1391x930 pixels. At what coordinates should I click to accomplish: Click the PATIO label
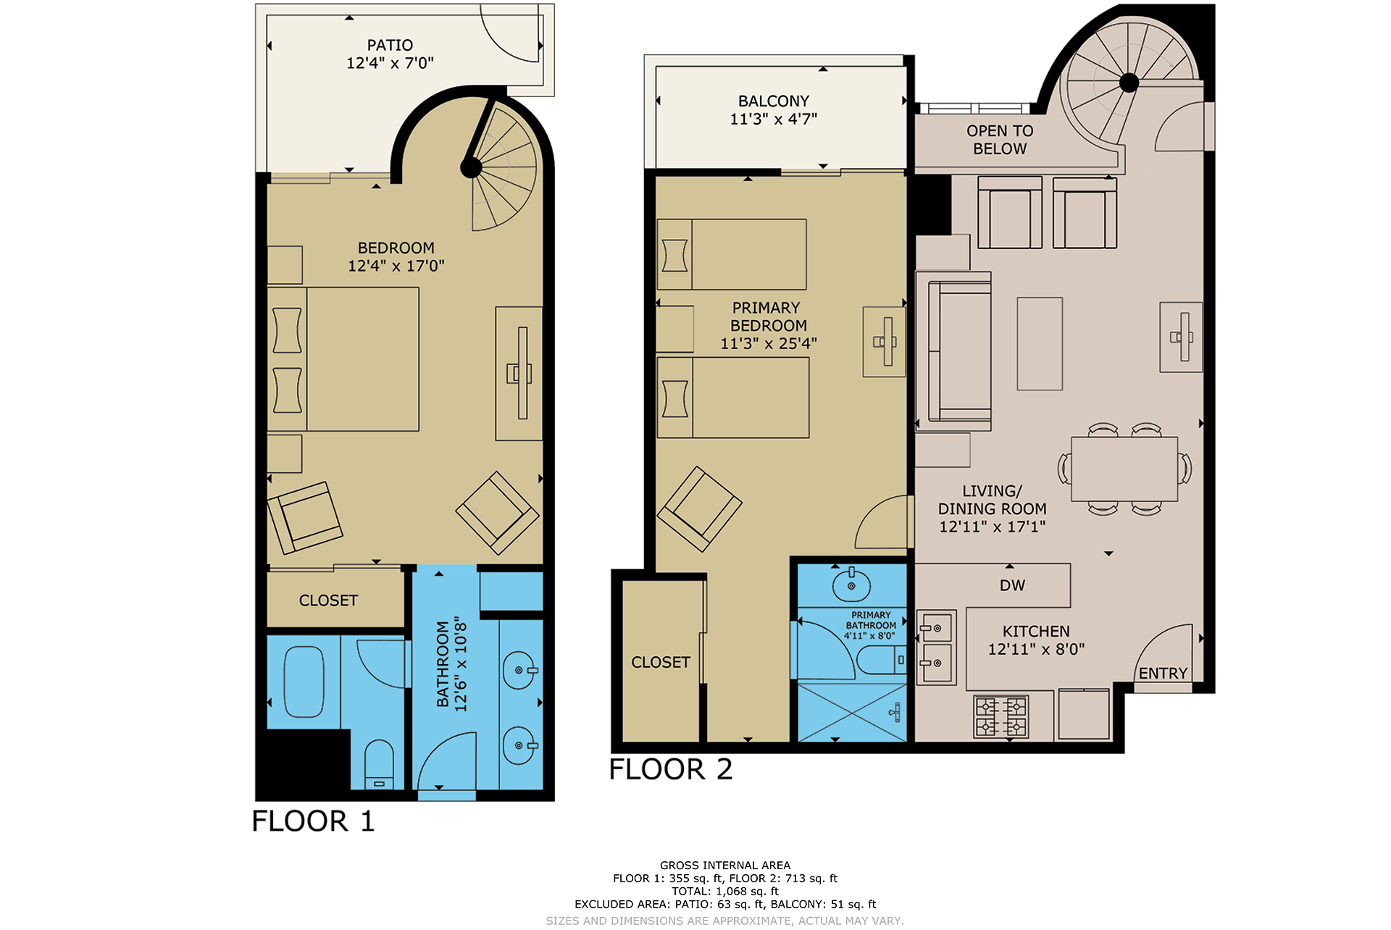coord(390,45)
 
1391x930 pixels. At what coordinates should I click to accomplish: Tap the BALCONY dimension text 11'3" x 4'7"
coord(774,119)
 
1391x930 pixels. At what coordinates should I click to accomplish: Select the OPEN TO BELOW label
coord(1000,140)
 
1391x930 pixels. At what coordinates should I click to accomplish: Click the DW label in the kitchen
coord(1012,585)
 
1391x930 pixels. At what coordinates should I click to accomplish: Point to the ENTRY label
coord(1163,674)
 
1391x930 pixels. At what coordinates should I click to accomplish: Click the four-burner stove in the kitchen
coord(1001,716)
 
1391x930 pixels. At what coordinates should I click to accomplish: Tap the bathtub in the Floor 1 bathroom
coord(304,682)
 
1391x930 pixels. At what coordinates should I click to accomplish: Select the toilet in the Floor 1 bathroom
coord(379,764)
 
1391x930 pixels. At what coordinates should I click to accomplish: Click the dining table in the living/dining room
coord(1124,469)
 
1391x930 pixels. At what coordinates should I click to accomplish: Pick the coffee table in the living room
coord(1040,343)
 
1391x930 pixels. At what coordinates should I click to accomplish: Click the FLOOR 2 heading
coord(670,769)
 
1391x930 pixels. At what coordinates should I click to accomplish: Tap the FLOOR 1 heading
coord(313,821)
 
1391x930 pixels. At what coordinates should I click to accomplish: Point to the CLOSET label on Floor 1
coord(328,600)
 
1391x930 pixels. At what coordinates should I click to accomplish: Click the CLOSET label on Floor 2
coord(660,662)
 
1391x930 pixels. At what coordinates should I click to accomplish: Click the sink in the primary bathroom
coord(851,584)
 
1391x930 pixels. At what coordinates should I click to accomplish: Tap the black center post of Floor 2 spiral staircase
coord(1129,83)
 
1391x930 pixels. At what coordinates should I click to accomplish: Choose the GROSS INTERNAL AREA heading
coord(725,865)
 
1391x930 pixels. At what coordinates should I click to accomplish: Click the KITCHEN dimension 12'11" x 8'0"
coord(1036,649)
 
